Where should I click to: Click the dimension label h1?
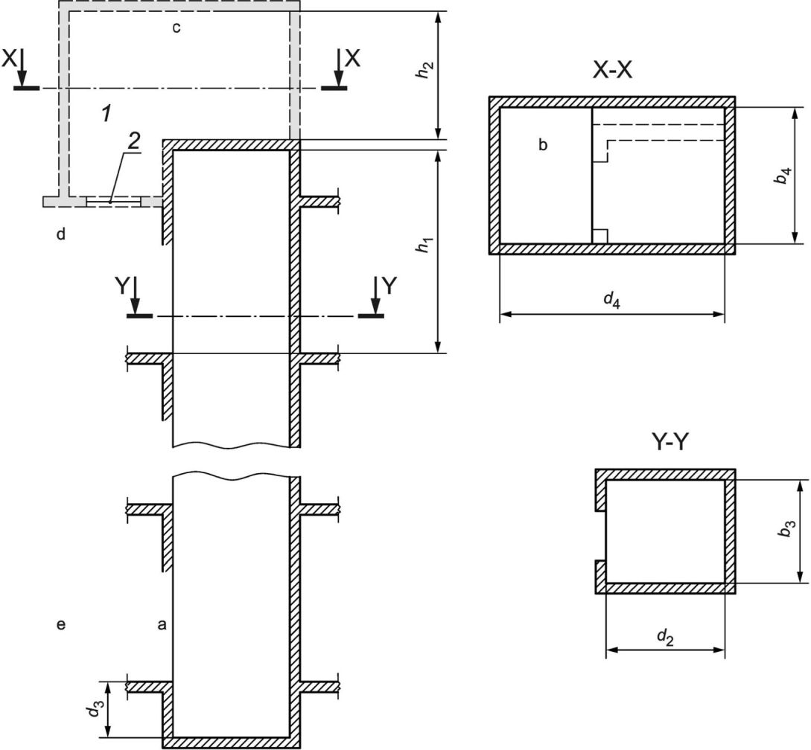[x=424, y=245]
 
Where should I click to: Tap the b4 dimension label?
[x=785, y=176]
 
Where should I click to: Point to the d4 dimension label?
[x=612, y=300]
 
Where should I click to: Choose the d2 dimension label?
[x=665, y=638]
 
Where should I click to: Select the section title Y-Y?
[x=670, y=442]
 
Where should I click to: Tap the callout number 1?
[x=106, y=113]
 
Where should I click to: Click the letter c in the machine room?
[x=176, y=28]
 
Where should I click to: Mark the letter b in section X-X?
[x=543, y=145]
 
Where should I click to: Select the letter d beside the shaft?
[x=61, y=234]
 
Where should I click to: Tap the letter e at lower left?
[x=60, y=626]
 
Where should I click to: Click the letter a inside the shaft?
[x=162, y=626]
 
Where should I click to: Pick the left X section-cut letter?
[x=9, y=59]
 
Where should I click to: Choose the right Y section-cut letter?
[x=389, y=285]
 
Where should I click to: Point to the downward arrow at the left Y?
[x=136, y=295]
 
